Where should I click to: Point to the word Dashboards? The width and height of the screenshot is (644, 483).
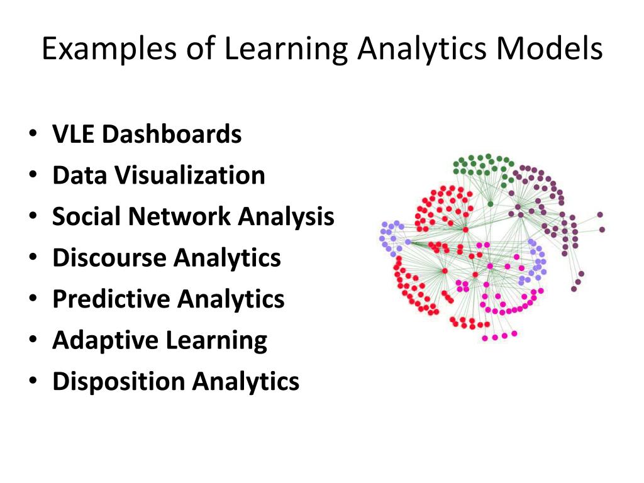(x=172, y=134)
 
